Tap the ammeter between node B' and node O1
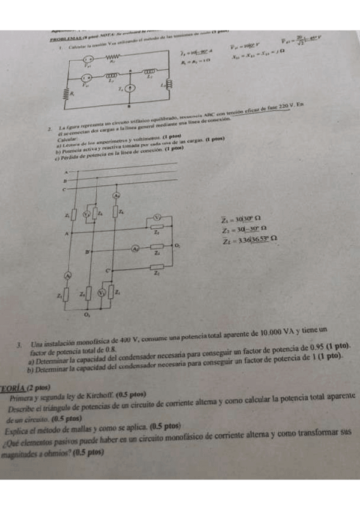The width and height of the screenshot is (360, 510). (136, 247)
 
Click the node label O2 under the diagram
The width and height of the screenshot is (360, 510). (87, 313)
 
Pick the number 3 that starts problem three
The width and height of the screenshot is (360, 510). (20, 331)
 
